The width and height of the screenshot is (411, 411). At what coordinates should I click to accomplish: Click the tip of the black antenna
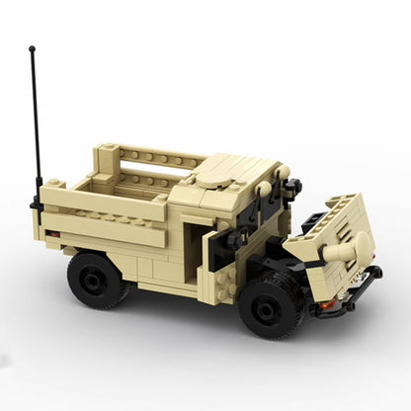point(32,47)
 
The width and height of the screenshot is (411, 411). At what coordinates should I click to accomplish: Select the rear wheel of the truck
point(96,280)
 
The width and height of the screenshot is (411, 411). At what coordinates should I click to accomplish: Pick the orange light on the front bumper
point(326,305)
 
